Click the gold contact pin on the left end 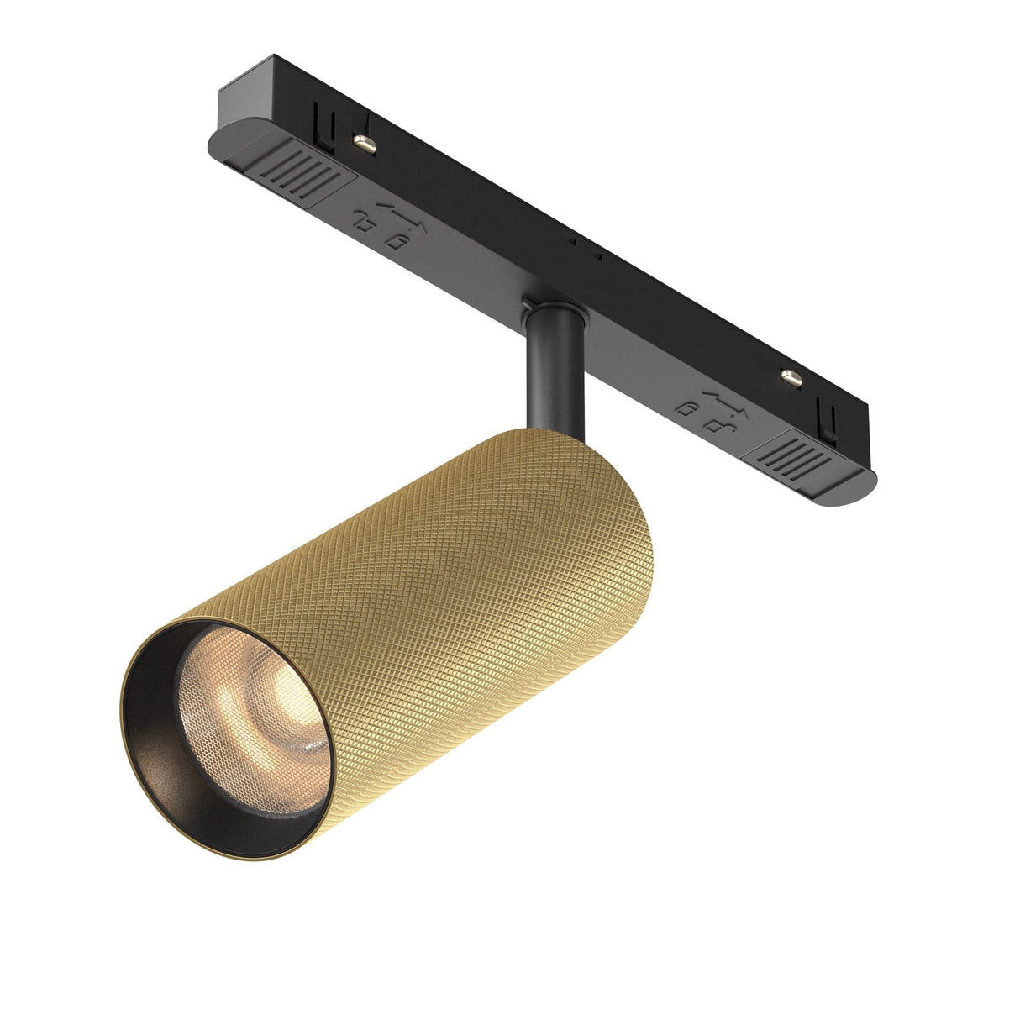(x=363, y=142)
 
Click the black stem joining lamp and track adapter (x=550, y=378)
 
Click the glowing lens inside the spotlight (x=252, y=697)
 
